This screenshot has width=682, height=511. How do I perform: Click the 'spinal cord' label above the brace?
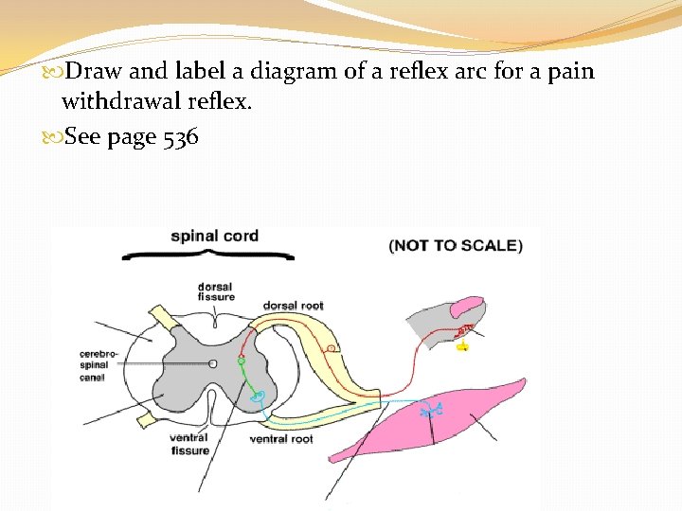pos(214,236)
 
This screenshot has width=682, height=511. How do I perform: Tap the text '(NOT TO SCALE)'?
pos(455,245)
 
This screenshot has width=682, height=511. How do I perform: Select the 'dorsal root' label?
pos(293,306)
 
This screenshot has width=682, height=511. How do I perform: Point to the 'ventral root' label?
pos(281,439)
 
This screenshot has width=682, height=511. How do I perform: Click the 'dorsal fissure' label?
pos(215,291)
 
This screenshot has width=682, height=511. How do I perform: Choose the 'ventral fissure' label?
pos(188,444)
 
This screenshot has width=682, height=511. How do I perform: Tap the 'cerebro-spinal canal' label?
pos(99,365)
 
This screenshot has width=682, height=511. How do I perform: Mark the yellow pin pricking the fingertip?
pos(462,346)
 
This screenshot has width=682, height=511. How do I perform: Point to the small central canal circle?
pos(213,363)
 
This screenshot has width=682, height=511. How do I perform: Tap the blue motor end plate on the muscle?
pos(434,410)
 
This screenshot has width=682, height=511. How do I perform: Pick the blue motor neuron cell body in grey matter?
pos(255,398)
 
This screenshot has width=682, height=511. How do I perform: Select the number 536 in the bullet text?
pos(180,137)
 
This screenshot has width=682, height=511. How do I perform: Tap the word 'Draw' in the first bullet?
pos(89,71)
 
